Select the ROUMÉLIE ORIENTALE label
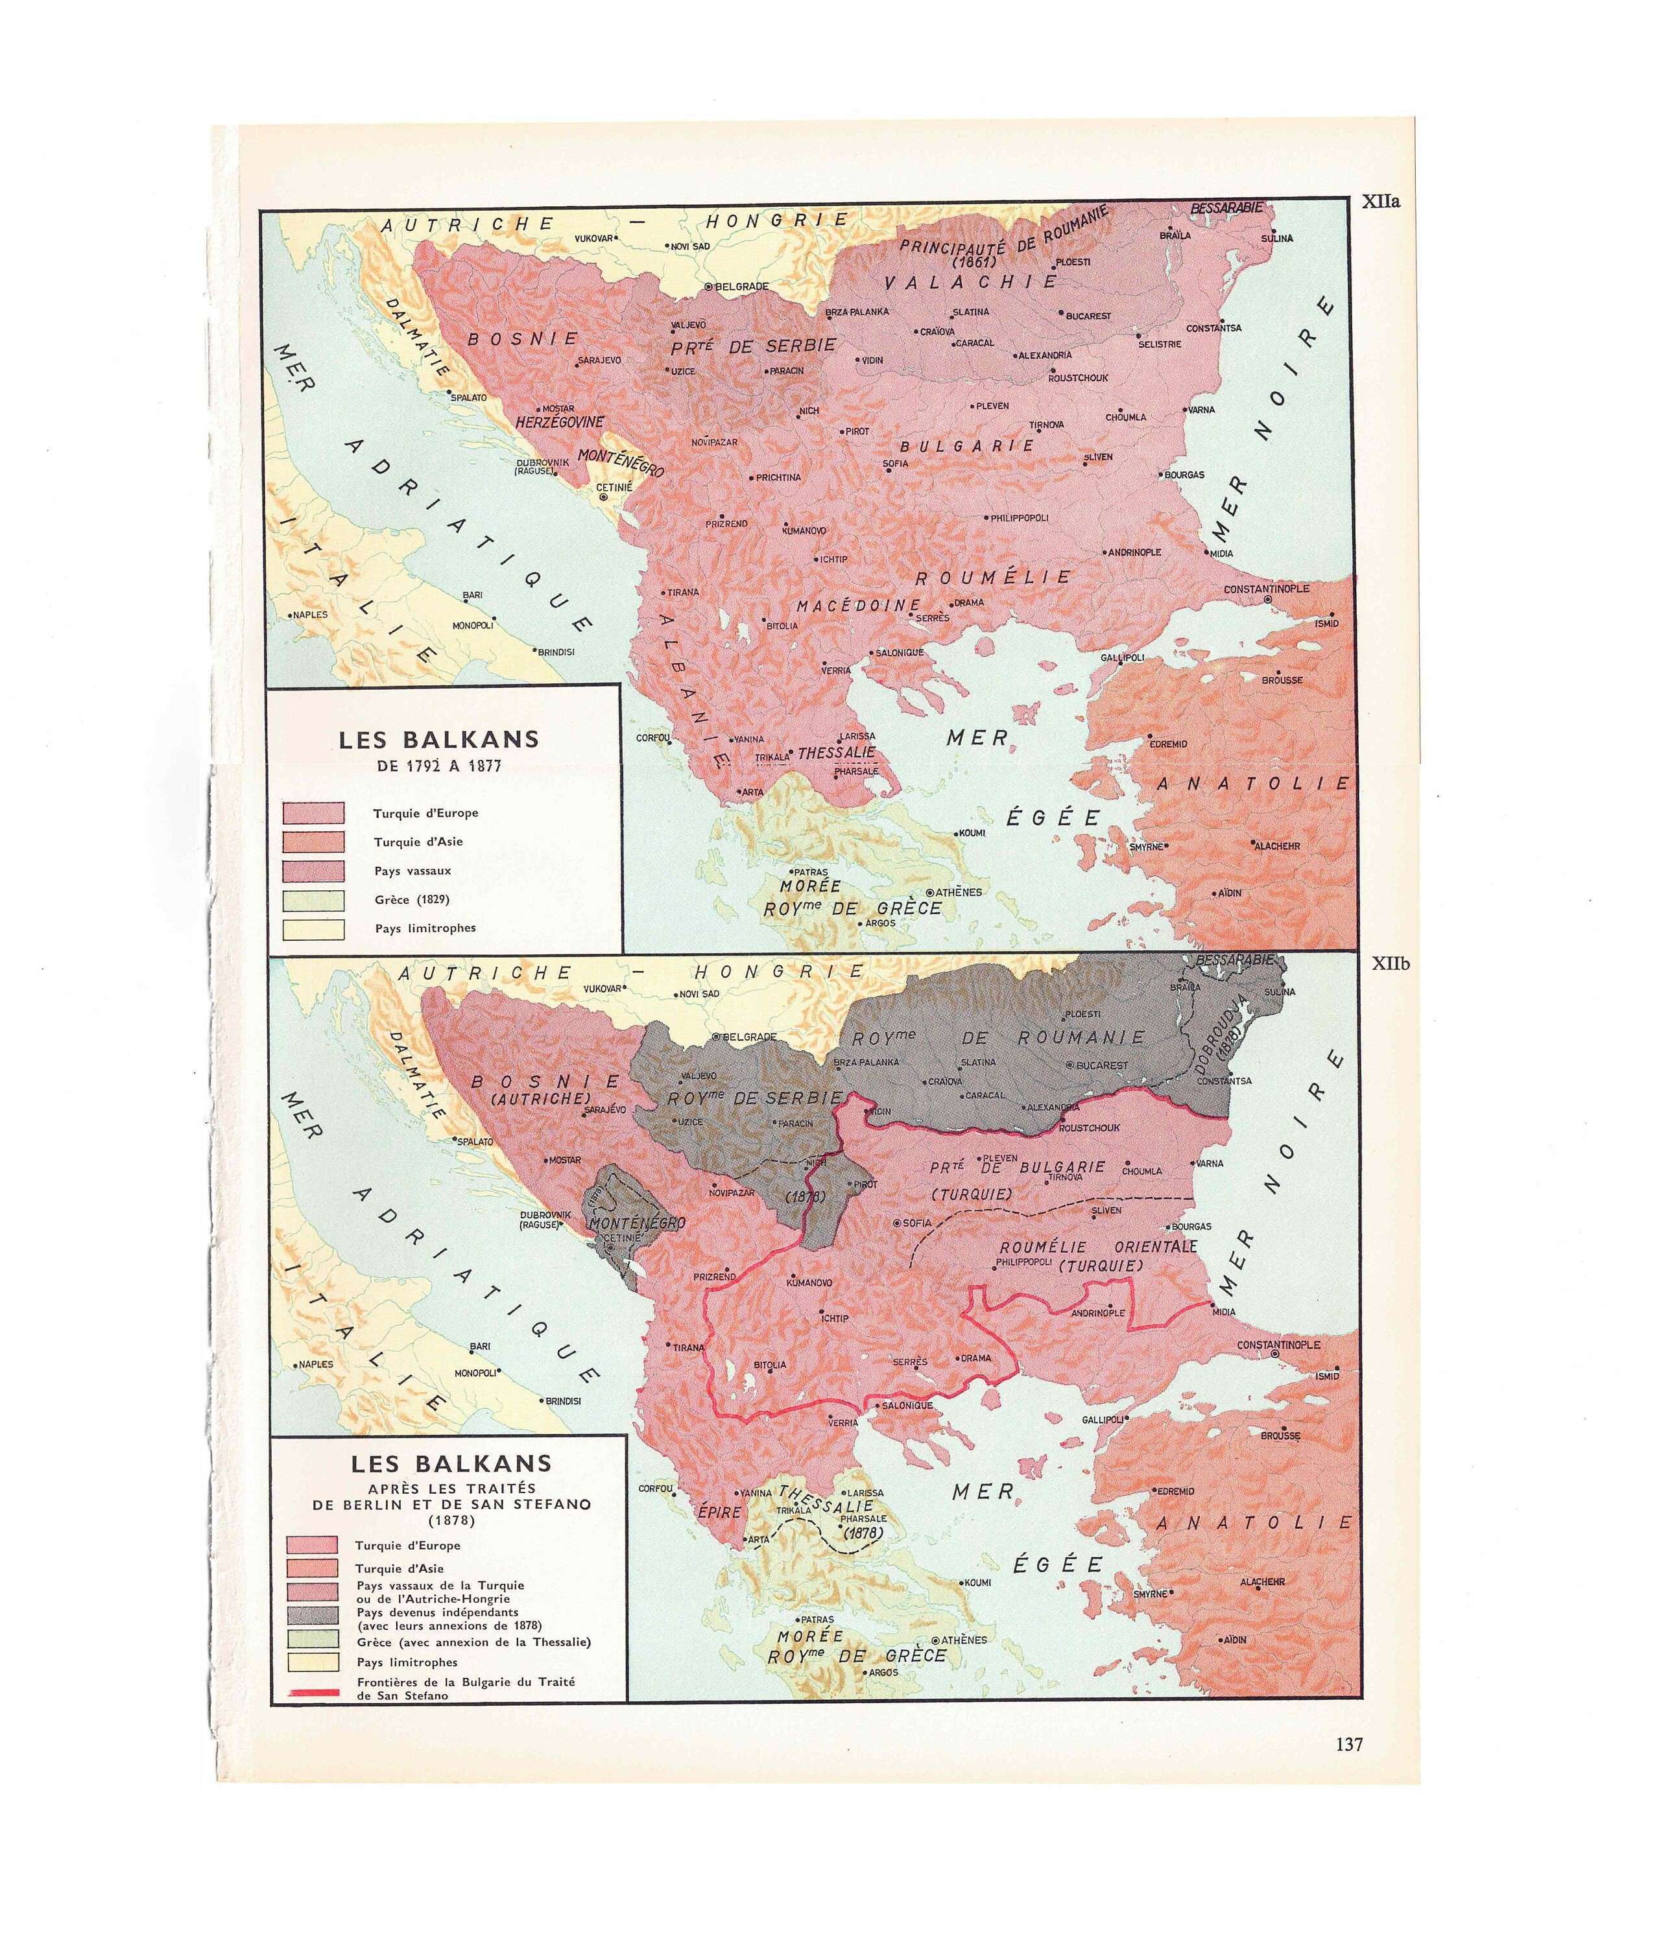(1097, 1247)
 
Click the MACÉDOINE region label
(858, 606)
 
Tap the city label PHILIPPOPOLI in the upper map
(1020, 517)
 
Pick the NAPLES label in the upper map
(311, 615)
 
